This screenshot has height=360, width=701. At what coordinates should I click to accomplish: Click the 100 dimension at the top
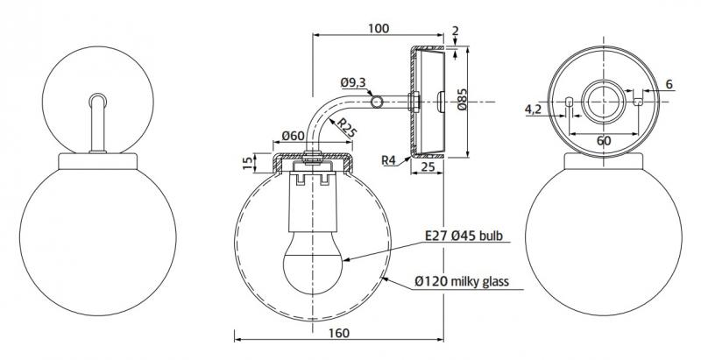tap(379, 29)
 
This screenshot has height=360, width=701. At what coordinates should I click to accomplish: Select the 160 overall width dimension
tap(341, 333)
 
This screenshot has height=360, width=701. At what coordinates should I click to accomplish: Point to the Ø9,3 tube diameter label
tap(352, 83)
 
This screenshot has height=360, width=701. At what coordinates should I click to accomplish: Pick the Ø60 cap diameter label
tap(294, 136)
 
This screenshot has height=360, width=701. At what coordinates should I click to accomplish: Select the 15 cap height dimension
tap(247, 162)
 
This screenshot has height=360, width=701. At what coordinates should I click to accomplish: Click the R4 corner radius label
tap(392, 160)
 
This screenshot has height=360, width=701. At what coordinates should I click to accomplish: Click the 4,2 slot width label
tap(532, 109)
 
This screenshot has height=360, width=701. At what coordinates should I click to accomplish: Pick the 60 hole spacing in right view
tap(604, 140)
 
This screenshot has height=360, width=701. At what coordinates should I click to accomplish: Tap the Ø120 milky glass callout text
tap(467, 281)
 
